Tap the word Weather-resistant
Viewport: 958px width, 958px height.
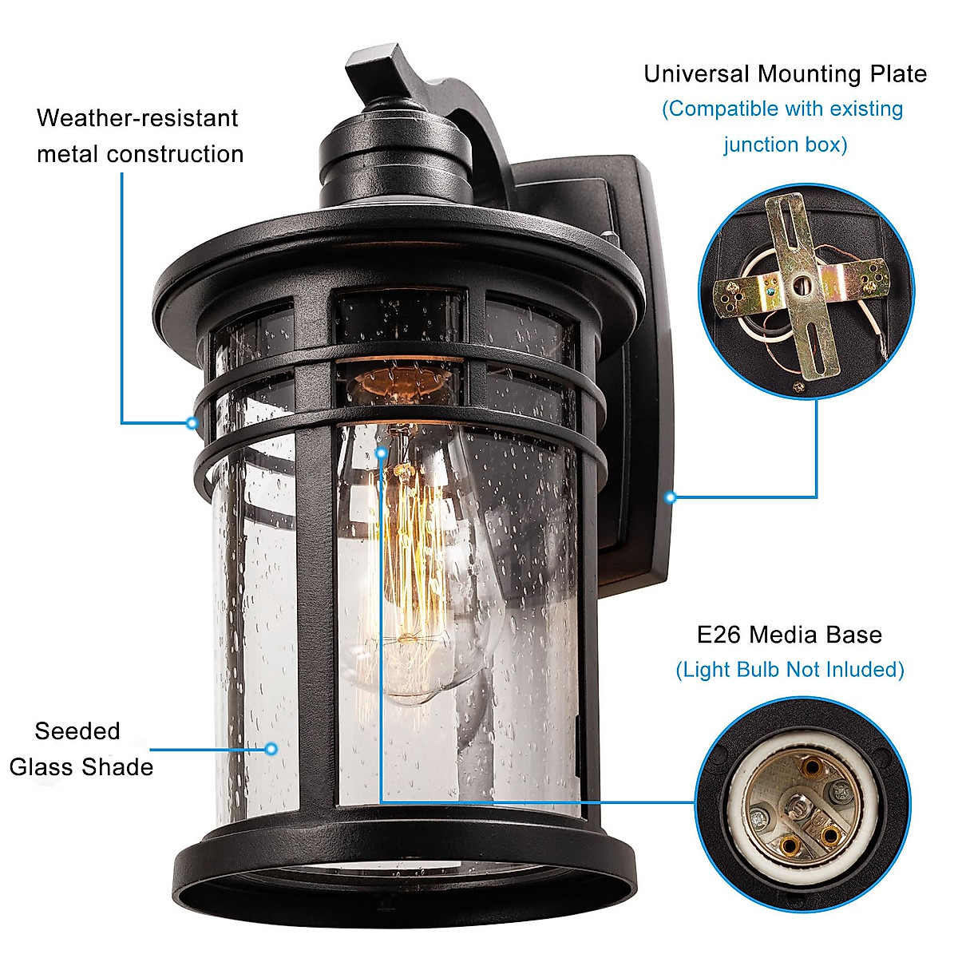point(137,118)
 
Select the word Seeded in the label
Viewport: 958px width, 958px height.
point(77,731)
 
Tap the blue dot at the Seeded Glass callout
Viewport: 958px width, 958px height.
point(271,749)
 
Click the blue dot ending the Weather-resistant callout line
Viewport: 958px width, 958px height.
point(192,422)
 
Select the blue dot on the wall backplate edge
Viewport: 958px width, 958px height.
point(671,497)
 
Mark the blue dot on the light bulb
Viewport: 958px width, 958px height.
point(382,453)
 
